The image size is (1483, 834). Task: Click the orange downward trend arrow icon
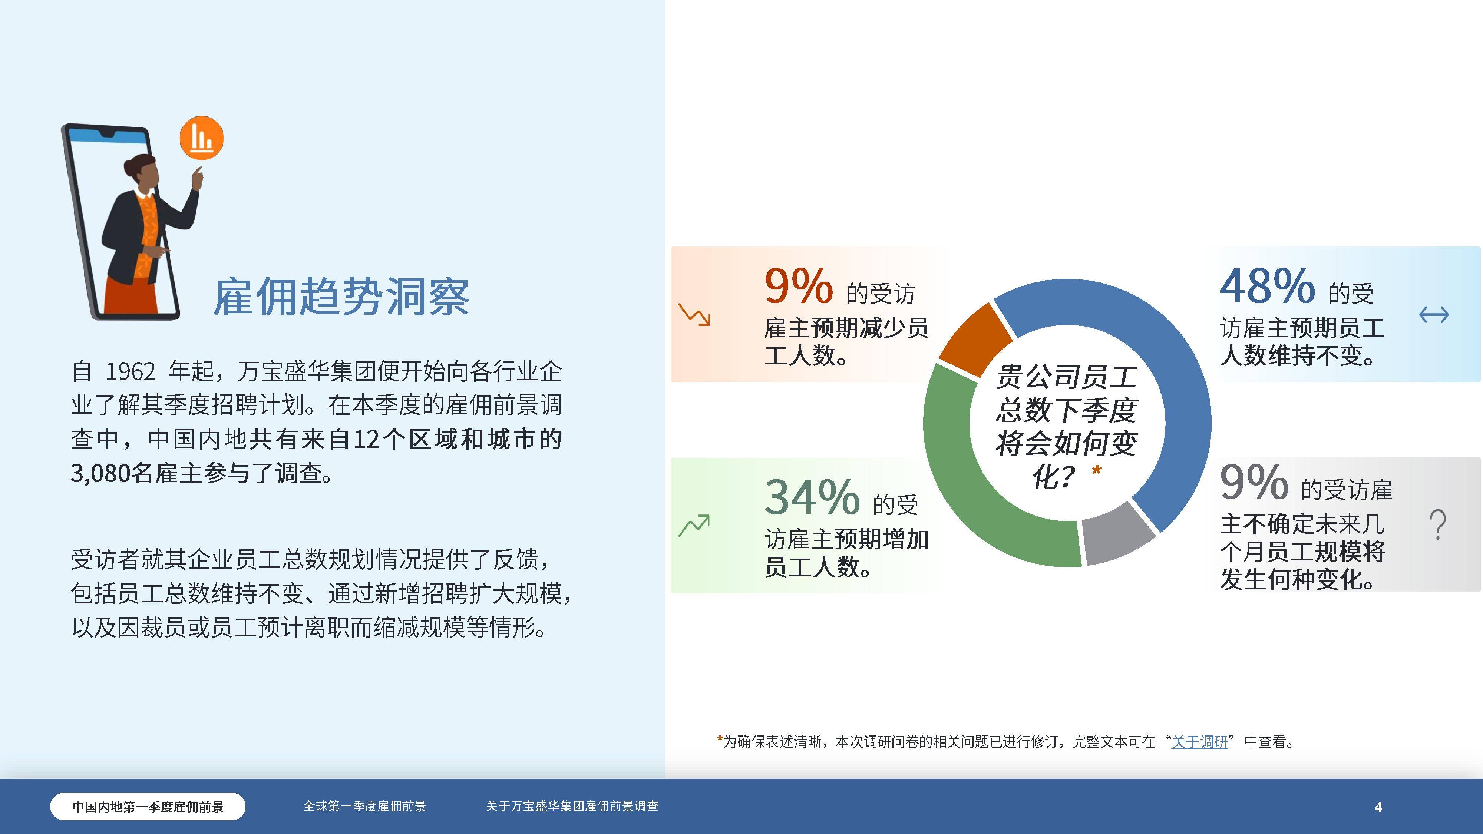pos(694,314)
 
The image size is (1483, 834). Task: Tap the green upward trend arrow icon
pos(694,525)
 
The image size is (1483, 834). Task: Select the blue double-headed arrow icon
pos(1433,314)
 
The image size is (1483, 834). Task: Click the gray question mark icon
pos(1437,524)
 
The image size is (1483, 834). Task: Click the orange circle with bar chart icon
pos(201,138)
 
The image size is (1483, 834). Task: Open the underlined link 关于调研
pos(1199,742)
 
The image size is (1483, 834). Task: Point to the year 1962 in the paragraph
pos(130,372)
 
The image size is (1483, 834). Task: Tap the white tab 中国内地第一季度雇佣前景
pos(148,806)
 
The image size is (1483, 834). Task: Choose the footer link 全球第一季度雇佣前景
pos(364,806)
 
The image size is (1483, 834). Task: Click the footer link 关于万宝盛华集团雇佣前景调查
pos(572,806)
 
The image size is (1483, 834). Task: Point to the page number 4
pos(1378,807)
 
